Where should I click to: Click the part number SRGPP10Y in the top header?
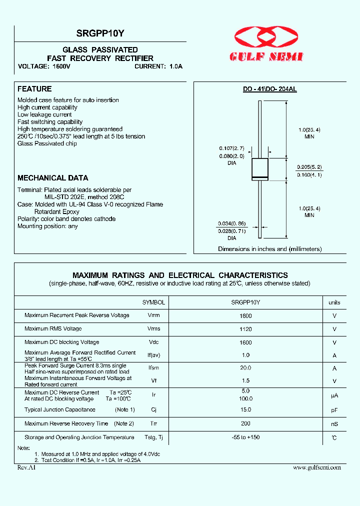click(100, 34)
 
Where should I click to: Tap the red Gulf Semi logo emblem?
click(265, 38)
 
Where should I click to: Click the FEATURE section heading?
click(34, 89)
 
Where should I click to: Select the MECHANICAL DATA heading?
click(53, 178)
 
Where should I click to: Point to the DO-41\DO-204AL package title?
click(269, 89)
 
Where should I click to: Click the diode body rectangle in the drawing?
click(259, 169)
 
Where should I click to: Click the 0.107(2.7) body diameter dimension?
click(231, 148)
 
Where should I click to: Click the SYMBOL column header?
click(153, 302)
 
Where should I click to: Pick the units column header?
click(334, 302)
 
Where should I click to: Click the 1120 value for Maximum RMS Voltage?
click(245, 329)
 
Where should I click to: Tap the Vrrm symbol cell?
click(153, 315)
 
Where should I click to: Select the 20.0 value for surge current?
click(245, 367)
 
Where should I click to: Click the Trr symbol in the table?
click(153, 423)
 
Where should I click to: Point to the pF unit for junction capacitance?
click(334, 410)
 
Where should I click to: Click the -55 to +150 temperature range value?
click(245, 437)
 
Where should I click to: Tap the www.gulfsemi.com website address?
click(316, 467)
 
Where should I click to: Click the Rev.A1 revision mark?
click(26, 467)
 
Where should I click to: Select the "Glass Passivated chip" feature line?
click(47, 143)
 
